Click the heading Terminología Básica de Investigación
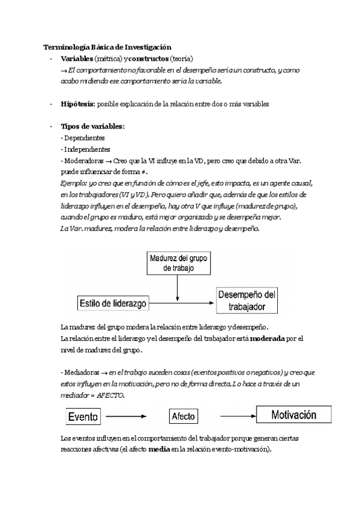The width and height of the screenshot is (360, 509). point(107,47)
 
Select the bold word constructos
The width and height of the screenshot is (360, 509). point(148,59)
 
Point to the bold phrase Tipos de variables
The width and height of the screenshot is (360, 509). point(92,127)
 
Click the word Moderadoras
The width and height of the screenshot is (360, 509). point(82,161)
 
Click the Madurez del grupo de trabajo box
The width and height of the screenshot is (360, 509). point(178,264)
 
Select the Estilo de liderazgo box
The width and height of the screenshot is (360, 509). point(113,303)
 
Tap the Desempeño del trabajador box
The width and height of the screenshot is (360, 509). point(248,300)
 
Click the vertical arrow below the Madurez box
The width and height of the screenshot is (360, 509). point(178,288)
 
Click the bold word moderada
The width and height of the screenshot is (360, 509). point(268,339)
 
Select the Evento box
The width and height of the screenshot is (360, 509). point(83,415)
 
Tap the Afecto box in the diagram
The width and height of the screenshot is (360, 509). point(184,415)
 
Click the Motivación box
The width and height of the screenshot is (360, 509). point(294,415)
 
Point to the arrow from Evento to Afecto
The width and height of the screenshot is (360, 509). point(127,415)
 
